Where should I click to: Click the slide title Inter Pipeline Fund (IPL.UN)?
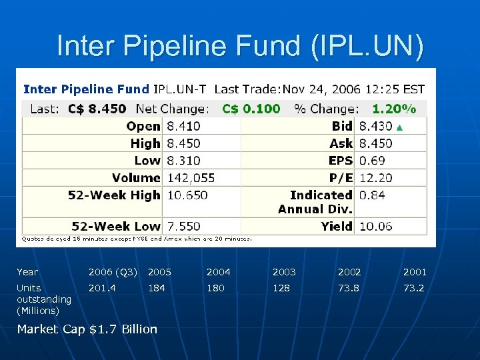click(x=240, y=46)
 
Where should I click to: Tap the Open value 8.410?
click(x=183, y=126)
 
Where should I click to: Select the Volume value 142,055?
click(x=191, y=178)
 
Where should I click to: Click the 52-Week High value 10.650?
click(x=187, y=195)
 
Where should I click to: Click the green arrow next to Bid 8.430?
click(x=400, y=127)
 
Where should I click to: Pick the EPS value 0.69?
click(x=372, y=161)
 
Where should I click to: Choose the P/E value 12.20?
click(x=375, y=178)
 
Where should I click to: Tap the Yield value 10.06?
click(x=375, y=226)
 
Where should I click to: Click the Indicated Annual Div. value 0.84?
click(x=372, y=195)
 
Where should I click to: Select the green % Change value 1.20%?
click(x=393, y=109)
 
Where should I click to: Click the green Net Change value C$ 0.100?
click(x=251, y=109)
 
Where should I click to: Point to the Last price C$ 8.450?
click(x=97, y=109)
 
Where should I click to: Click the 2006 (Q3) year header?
click(x=113, y=272)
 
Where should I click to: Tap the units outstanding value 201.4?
click(x=102, y=288)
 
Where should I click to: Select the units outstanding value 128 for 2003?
click(x=281, y=288)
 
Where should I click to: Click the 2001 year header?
click(x=414, y=272)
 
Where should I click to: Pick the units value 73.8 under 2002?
click(x=349, y=288)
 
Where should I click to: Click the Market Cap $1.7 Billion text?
click(x=87, y=329)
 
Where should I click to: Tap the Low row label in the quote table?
click(x=147, y=161)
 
